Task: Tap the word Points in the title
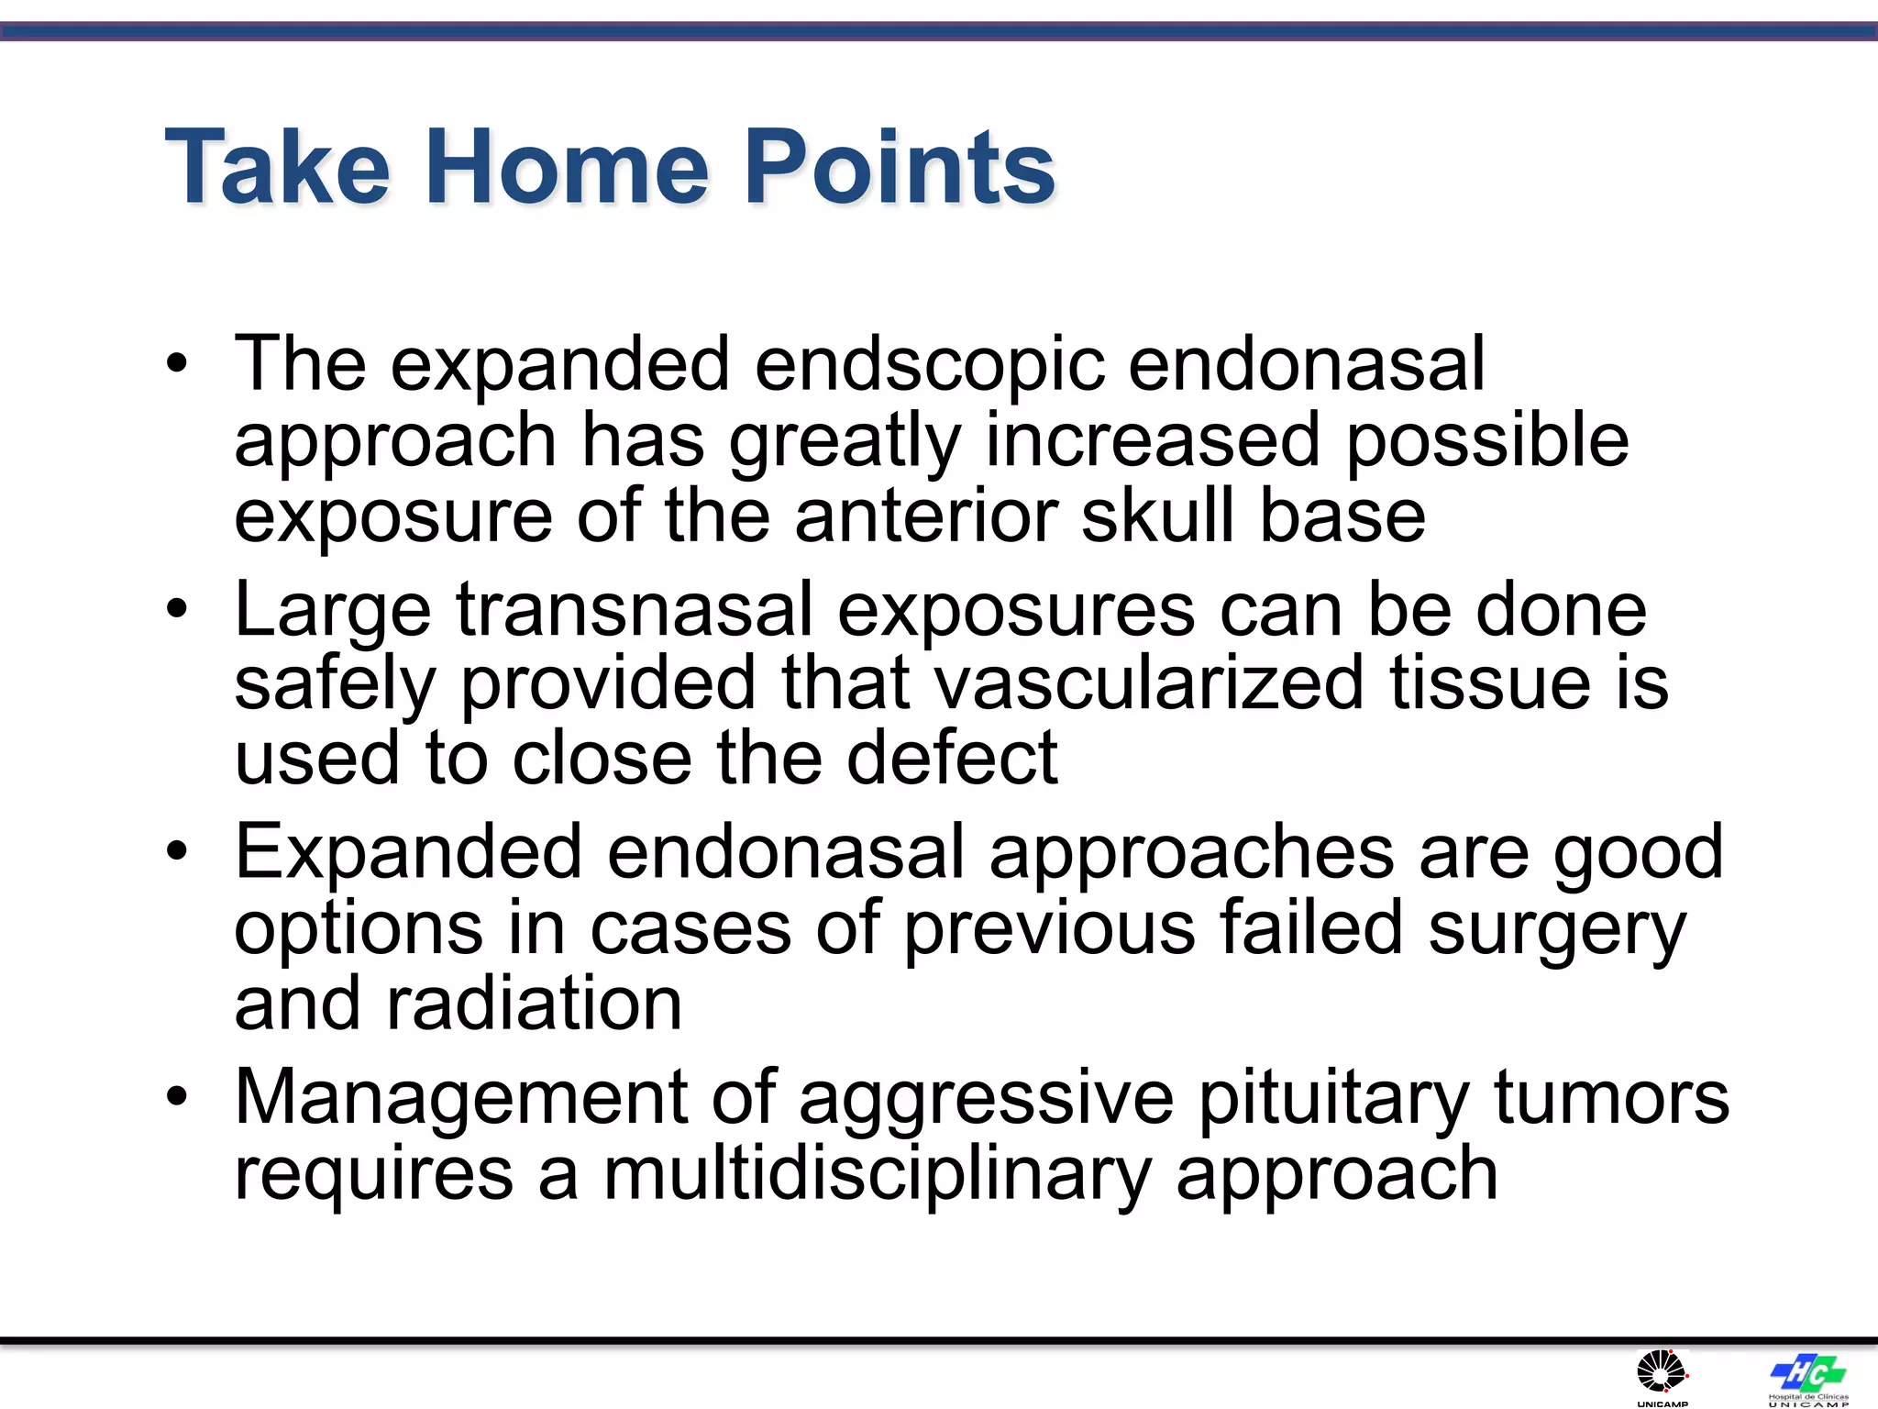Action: (x=900, y=167)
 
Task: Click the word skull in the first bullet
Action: (x=1157, y=516)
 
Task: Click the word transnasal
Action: (x=635, y=610)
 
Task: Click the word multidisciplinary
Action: (x=877, y=1174)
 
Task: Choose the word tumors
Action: (x=1611, y=1098)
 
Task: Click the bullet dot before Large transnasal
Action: (x=177, y=608)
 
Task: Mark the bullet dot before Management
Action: (x=177, y=1095)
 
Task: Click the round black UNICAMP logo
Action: (x=1662, y=1373)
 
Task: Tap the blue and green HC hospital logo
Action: (x=1807, y=1373)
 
